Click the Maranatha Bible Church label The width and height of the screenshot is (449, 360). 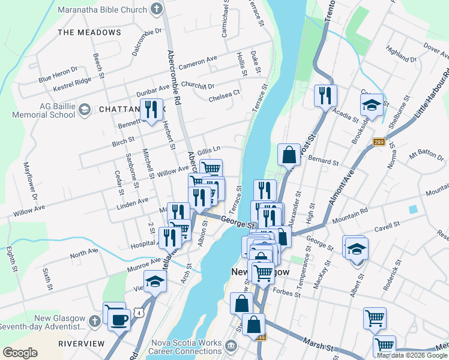click(103, 10)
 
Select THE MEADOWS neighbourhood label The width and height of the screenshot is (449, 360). click(89, 32)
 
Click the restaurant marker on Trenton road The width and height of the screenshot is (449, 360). click(325, 95)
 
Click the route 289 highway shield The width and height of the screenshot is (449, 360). click(378, 142)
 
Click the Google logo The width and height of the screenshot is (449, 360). click(20, 353)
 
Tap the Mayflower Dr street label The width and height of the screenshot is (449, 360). click(31, 180)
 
